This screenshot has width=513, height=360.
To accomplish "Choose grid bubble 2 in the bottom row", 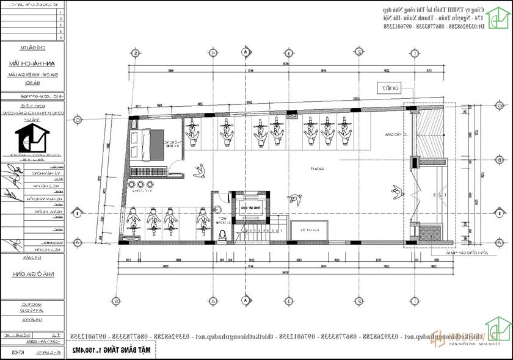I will pyautogui.click(x=360, y=301).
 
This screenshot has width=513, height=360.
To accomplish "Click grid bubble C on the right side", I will pyautogui.click(x=501, y=120).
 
